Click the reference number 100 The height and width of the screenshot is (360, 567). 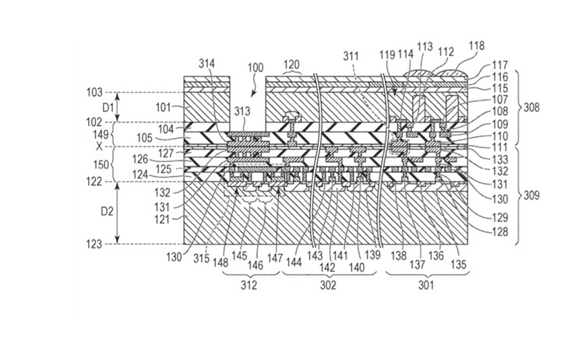pos(255,68)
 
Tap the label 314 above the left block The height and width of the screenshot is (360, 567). pos(206,64)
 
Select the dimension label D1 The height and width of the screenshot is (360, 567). pos(107,108)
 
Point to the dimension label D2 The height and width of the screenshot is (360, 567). pos(107,211)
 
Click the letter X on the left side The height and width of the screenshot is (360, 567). pos(99,146)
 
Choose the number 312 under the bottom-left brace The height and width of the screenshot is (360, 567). pos(248,285)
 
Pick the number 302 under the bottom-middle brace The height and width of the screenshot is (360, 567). pos(328,285)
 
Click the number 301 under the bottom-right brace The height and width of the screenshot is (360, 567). pos(425,285)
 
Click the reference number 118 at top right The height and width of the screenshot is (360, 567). pos(477,46)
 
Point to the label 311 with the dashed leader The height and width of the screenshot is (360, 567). pos(350,56)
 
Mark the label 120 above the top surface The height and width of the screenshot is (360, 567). pos(291,65)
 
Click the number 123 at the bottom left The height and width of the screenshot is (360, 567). pos(93,245)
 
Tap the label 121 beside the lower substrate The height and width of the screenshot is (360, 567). pos(162,219)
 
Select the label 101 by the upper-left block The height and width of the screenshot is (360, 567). pos(163,108)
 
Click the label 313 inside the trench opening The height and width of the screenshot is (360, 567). pos(242,111)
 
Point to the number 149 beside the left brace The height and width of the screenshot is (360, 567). pos(101,135)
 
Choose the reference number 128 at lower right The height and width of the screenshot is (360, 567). pos(500,231)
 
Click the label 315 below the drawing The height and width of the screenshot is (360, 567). pos(201,259)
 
